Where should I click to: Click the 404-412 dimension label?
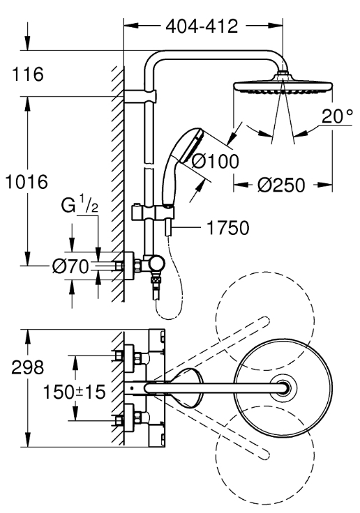click(202, 26)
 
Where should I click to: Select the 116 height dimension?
click(27, 74)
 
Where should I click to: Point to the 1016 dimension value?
click(27, 182)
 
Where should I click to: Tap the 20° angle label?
click(337, 116)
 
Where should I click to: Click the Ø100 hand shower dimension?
click(215, 161)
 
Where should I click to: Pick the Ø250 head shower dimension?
click(281, 185)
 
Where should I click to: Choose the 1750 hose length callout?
click(228, 228)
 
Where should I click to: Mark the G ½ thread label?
click(80, 206)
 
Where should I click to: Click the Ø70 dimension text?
click(70, 266)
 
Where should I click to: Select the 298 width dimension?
click(27, 367)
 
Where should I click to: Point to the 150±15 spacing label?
click(75, 392)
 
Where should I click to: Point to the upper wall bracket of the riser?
click(140, 96)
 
